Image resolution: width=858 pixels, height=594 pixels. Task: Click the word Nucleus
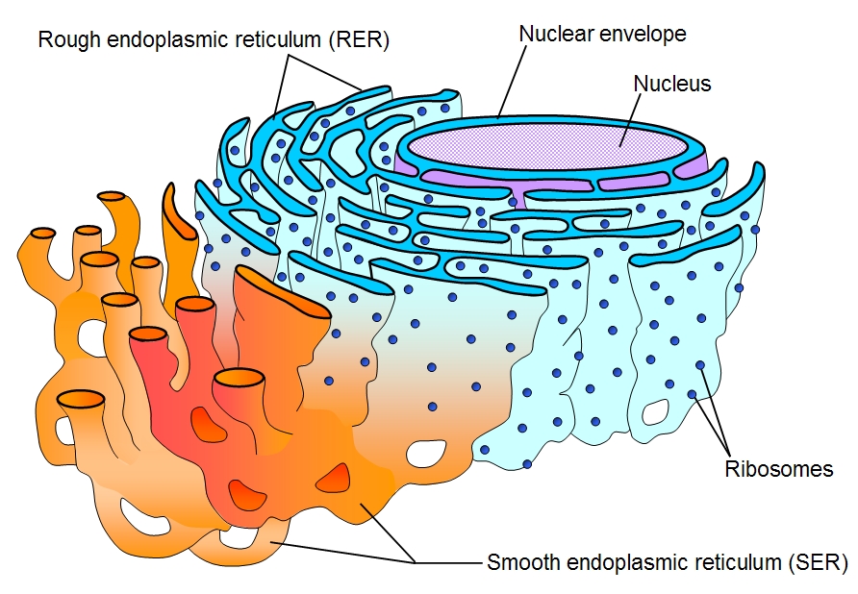point(672,84)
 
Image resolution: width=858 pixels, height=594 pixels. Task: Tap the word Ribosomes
point(778,470)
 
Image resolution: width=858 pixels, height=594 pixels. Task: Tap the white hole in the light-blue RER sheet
point(657,412)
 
